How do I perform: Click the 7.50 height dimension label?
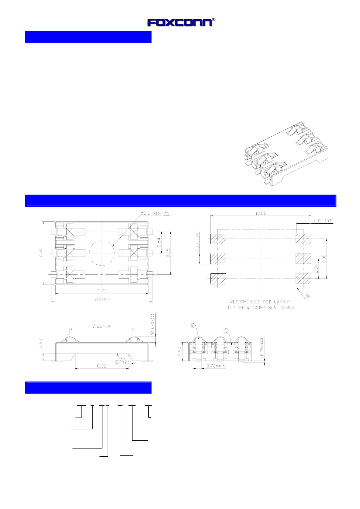(x=40, y=253)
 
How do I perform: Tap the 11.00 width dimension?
(x=102, y=290)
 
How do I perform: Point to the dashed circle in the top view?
(x=102, y=253)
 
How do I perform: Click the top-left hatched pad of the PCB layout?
(x=218, y=239)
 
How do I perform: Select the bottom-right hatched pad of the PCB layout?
(x=303, y=278)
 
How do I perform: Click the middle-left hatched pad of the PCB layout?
(x=218, y=259)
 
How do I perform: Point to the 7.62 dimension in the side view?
(x=101, y=326)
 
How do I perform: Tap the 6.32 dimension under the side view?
(x=101, y=367)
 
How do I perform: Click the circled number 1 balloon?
(x=226, y=330)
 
